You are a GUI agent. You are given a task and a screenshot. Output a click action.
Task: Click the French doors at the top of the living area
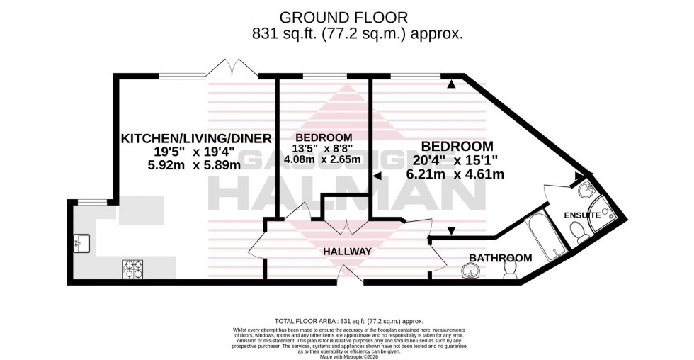232,69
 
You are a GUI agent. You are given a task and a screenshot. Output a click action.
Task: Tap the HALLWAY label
348,251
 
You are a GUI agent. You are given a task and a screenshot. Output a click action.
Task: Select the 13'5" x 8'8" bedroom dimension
324,150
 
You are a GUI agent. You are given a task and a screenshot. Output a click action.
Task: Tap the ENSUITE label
582,215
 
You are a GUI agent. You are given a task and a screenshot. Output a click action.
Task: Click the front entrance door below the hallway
345,274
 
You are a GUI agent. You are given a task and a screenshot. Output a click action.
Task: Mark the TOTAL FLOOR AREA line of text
347,322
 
